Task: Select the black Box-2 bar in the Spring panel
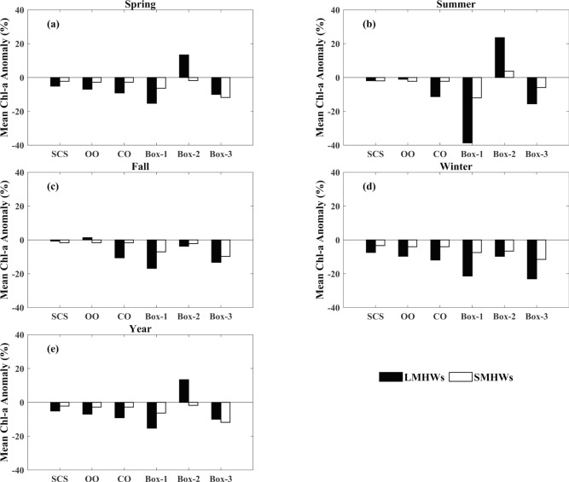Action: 183,67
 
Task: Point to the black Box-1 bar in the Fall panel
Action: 151,254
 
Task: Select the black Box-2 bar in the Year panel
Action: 183,391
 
